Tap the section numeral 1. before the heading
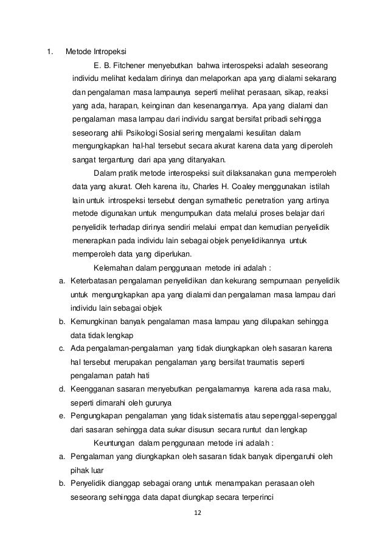pos(51,50)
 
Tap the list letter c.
pos(62,347)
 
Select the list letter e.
pos(62,415)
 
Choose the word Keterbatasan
pos(96,281)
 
